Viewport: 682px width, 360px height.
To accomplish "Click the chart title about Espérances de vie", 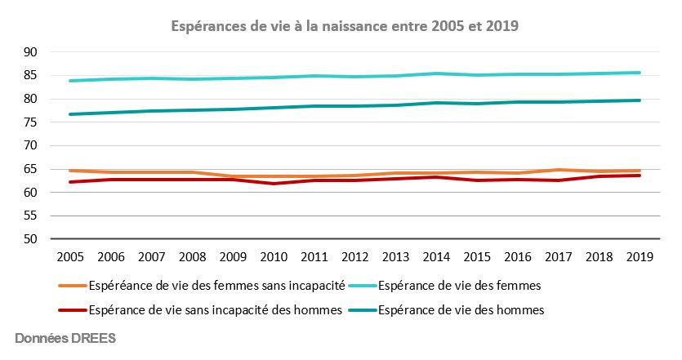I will [344, 26].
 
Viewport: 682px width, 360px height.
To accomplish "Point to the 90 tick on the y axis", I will [32, 52].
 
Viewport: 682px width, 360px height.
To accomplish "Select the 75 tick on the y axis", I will [32, 122].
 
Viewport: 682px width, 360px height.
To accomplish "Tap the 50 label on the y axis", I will [32, 240].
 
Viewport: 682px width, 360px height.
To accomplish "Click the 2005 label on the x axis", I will [72, 256].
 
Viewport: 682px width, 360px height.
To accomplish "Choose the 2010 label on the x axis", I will [274, 256].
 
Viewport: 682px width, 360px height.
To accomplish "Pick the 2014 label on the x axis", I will [435, 256].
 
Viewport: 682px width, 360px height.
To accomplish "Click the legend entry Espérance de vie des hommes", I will [461, 310].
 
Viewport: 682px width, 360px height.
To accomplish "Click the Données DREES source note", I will [65, 338].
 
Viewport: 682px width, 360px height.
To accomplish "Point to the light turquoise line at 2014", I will [435, 73].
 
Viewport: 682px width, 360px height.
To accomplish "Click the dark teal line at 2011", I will [314, 106].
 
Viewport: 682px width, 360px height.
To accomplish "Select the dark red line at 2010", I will [274, 184].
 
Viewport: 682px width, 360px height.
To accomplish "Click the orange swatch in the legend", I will [71, 286].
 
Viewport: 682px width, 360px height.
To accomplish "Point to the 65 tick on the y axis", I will [32, 170].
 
